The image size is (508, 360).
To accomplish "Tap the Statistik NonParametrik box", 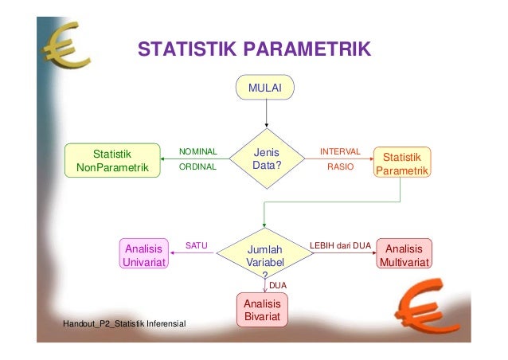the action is point(112,159).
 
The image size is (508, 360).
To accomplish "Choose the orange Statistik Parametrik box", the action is point(402,163).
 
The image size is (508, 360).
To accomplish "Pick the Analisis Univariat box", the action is point(143,253).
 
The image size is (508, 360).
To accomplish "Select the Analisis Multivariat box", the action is point(404,253).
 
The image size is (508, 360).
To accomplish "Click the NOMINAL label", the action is point(197,151).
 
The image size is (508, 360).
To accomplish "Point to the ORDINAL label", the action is point(197,167).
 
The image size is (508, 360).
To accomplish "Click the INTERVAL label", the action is point(340,151).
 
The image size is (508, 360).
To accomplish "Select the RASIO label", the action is point(341,167).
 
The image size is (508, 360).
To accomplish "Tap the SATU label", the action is point(196,246).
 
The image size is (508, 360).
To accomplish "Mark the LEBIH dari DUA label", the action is point(340,246).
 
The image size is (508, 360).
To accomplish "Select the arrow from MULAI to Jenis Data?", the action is point(266,112).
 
